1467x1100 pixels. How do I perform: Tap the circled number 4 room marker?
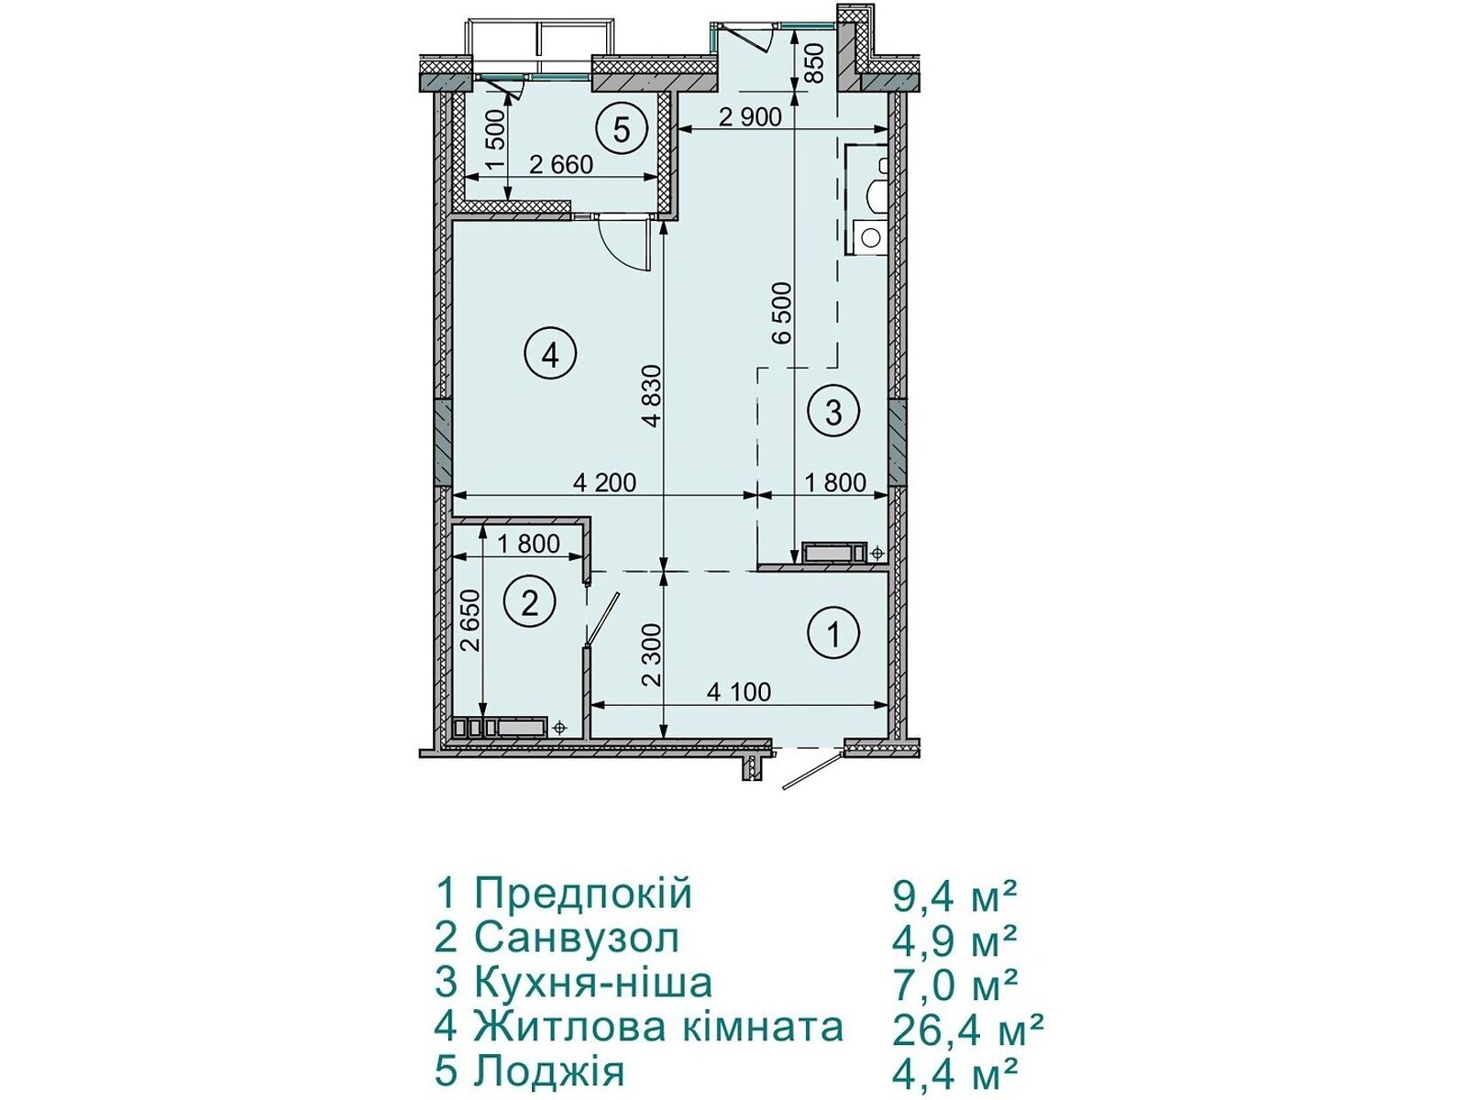point(550,357)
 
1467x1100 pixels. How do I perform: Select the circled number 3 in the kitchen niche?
point(833,412)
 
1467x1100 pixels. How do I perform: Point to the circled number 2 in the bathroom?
point(529,604)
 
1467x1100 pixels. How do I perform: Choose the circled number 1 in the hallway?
point(833,632)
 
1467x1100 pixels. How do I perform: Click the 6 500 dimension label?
point(781,313)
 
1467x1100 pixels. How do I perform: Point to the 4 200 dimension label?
point(605,482)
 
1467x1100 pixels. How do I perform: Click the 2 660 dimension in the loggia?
point(561,164)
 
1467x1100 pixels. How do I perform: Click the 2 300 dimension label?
point(652,655)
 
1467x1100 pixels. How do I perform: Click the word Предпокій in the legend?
point(583,895)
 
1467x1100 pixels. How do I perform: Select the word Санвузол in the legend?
point(577,939)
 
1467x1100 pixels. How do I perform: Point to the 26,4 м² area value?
point(968,1029)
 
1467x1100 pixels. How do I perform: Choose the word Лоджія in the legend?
point(549,1072)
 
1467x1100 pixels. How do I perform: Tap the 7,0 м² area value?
point(955,984)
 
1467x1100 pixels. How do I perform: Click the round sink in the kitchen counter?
point(870,237)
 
